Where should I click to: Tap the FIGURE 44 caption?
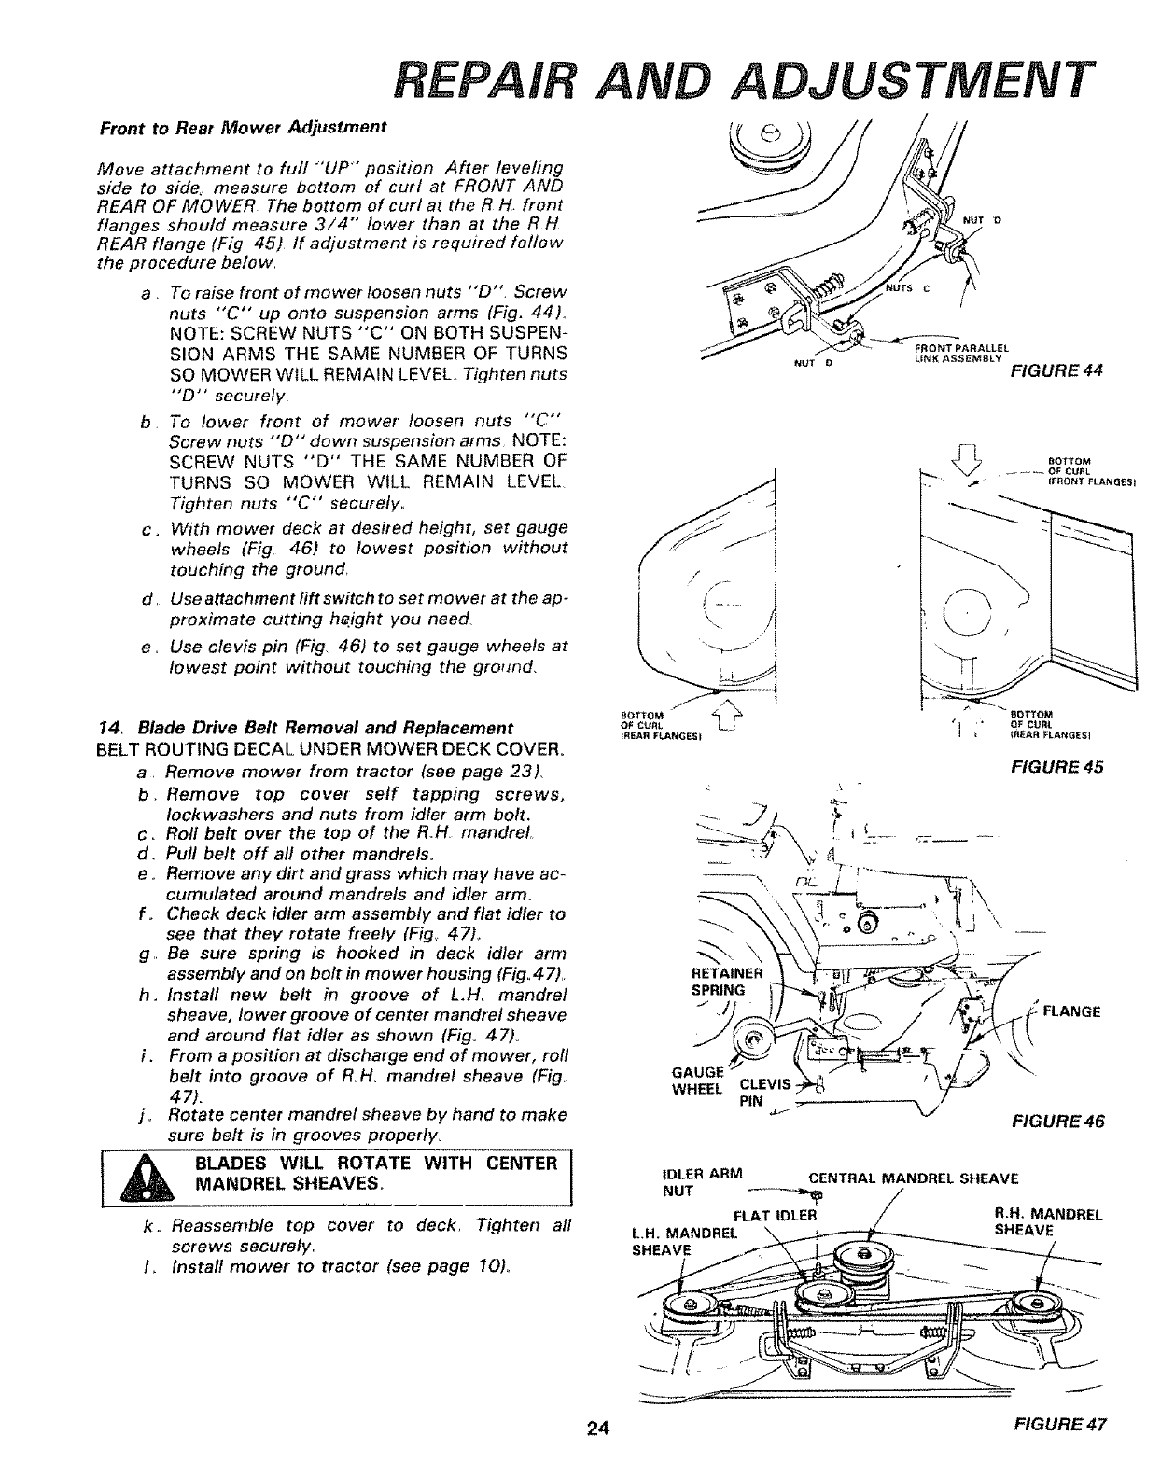pos(1058,370)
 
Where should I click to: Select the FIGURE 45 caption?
pos(1058,767)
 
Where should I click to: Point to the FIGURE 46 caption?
pos(1059,1122)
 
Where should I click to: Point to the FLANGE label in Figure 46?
pos(1071,1011)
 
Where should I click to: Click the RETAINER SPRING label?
pos(732,982)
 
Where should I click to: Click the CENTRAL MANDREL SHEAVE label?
pos(912,1178)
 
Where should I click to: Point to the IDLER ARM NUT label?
pos(692,1183)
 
